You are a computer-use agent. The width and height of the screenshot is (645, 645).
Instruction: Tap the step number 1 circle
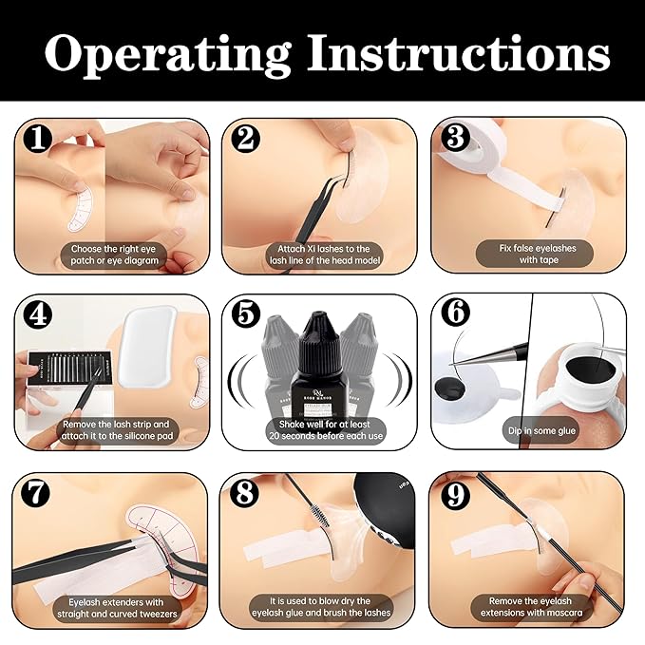coord(38,139)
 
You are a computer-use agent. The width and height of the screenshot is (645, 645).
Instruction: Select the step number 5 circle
coord(246,314)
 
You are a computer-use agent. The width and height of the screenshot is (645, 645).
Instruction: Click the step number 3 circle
coord(454,139)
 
